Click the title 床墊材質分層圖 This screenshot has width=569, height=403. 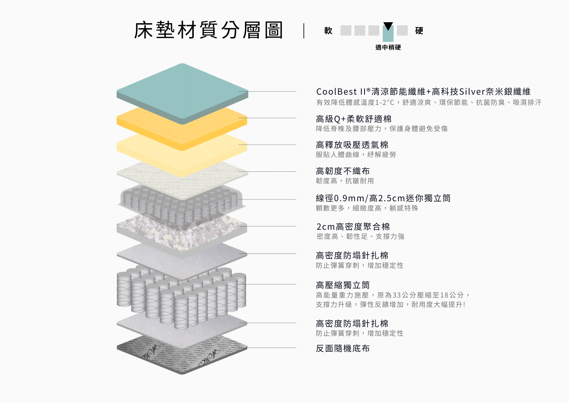[208, 30]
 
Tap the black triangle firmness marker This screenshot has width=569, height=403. [388, 26]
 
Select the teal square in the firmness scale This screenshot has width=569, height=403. [388, 34]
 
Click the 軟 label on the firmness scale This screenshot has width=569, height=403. [328, 30]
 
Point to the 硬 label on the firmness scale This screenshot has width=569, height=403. [419, 30]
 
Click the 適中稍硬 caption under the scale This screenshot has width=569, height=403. [388, 47]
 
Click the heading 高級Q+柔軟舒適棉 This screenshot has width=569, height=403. [354, 119]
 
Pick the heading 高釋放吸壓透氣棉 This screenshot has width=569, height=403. [352, 145]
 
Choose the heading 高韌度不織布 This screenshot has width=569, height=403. [343, 171]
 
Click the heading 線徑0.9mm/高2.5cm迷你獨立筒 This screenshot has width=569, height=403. [383, 198]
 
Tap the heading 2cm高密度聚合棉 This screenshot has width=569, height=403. [353, 227]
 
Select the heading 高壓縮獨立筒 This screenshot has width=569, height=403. [343, 285]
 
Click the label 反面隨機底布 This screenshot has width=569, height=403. [343, 348]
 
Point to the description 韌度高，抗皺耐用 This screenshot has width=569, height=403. [345, 181]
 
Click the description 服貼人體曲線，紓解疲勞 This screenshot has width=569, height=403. [356, 155]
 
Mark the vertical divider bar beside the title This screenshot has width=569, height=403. [304, 31]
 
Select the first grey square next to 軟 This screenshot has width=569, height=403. [346, 30]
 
